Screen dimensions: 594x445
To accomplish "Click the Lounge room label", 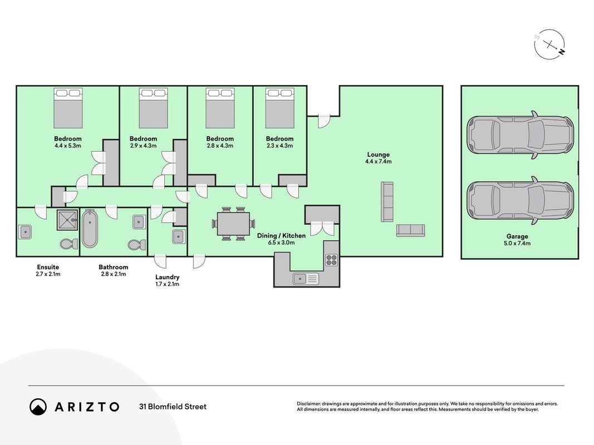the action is pos(378,155).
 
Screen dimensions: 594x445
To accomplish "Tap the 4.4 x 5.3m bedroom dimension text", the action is pos(68,145).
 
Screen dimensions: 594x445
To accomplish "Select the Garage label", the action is pos(517,236).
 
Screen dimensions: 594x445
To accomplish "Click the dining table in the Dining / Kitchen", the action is pos(233,224).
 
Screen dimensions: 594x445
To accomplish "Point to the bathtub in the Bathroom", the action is pos(90,229).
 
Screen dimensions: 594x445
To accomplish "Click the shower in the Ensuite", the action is pos(67,220).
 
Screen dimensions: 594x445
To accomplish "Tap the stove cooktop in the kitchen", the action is pos(331,260).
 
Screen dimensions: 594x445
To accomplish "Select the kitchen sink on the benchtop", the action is pos(306,279).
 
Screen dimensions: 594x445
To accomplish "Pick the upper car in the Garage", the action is pos(520,135).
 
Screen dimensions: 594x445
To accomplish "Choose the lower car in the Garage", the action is pos(520,200).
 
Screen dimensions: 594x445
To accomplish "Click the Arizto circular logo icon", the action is pos(38,407).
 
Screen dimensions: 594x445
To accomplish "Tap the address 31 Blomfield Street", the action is pos(173,407).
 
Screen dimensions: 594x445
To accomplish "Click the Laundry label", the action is pos(167,277).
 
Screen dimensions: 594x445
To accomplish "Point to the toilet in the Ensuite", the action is pos(68,243).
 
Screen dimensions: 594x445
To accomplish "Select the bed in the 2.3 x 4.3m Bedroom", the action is pos(280,108).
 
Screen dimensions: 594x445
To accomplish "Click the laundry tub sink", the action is pos(179,236).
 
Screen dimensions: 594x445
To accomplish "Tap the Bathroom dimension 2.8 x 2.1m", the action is pos(113,274).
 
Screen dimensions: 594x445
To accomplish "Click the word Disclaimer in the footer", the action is pos(308,404).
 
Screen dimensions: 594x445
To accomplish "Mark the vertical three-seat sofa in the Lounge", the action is pos(387,202).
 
